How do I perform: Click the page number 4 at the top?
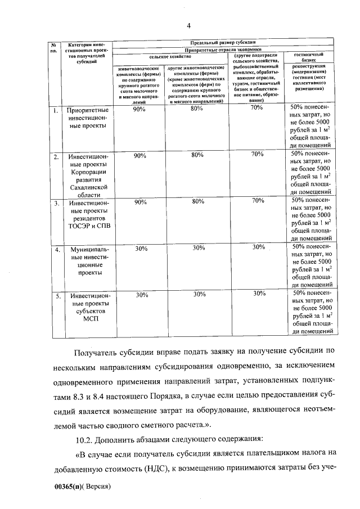coord(189,25)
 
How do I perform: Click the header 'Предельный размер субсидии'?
coord(224,42)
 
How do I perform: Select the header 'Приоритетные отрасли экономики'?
coord(224,49)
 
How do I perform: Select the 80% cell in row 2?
coord(196,155)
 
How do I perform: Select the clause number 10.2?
coord(85,438)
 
